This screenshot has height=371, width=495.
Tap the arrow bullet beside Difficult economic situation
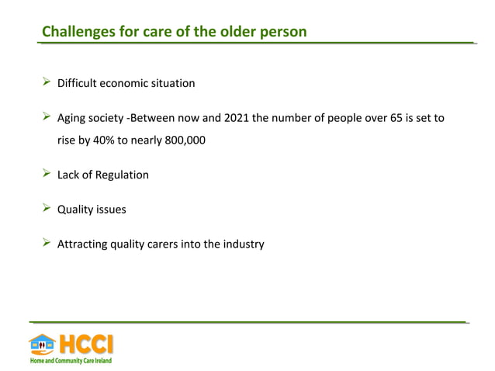pyautogui.click(x=46, y=82)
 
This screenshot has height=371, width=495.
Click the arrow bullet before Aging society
pyautogui.click(x=46, y=117)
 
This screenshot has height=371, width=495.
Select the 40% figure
pyautogui.click(x=99, y=141)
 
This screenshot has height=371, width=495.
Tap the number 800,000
pyautogui.click(x=182, y=141)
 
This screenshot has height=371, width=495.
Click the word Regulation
pyautogui.click(x=121, y=175)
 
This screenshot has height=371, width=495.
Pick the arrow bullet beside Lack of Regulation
pyautogui.click(x=46, y=174)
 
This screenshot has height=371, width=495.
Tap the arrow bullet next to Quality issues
pyautogui.click(x=46, y=209)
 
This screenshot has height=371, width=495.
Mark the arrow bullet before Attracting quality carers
pyautogui.click(x=46, y=243)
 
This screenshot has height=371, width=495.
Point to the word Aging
pyautogui.click(x=73, y=119)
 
